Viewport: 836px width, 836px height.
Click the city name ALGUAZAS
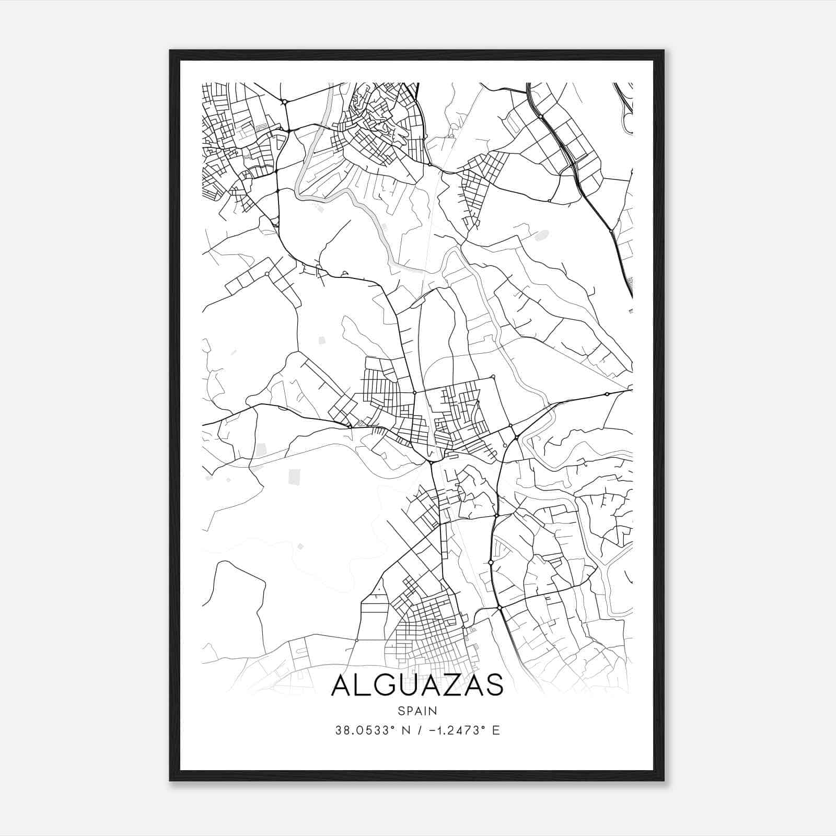(417, 685)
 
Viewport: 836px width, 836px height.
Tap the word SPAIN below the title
(417, 711)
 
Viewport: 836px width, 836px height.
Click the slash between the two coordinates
(419, 730)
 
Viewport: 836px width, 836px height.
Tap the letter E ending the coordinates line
(496, 730)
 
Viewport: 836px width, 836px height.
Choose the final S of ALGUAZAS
(494, 685)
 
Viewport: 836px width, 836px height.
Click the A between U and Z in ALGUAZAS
(430, 685)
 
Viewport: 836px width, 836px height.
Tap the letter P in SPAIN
(409, 711)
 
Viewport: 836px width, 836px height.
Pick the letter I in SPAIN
(426, 711)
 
